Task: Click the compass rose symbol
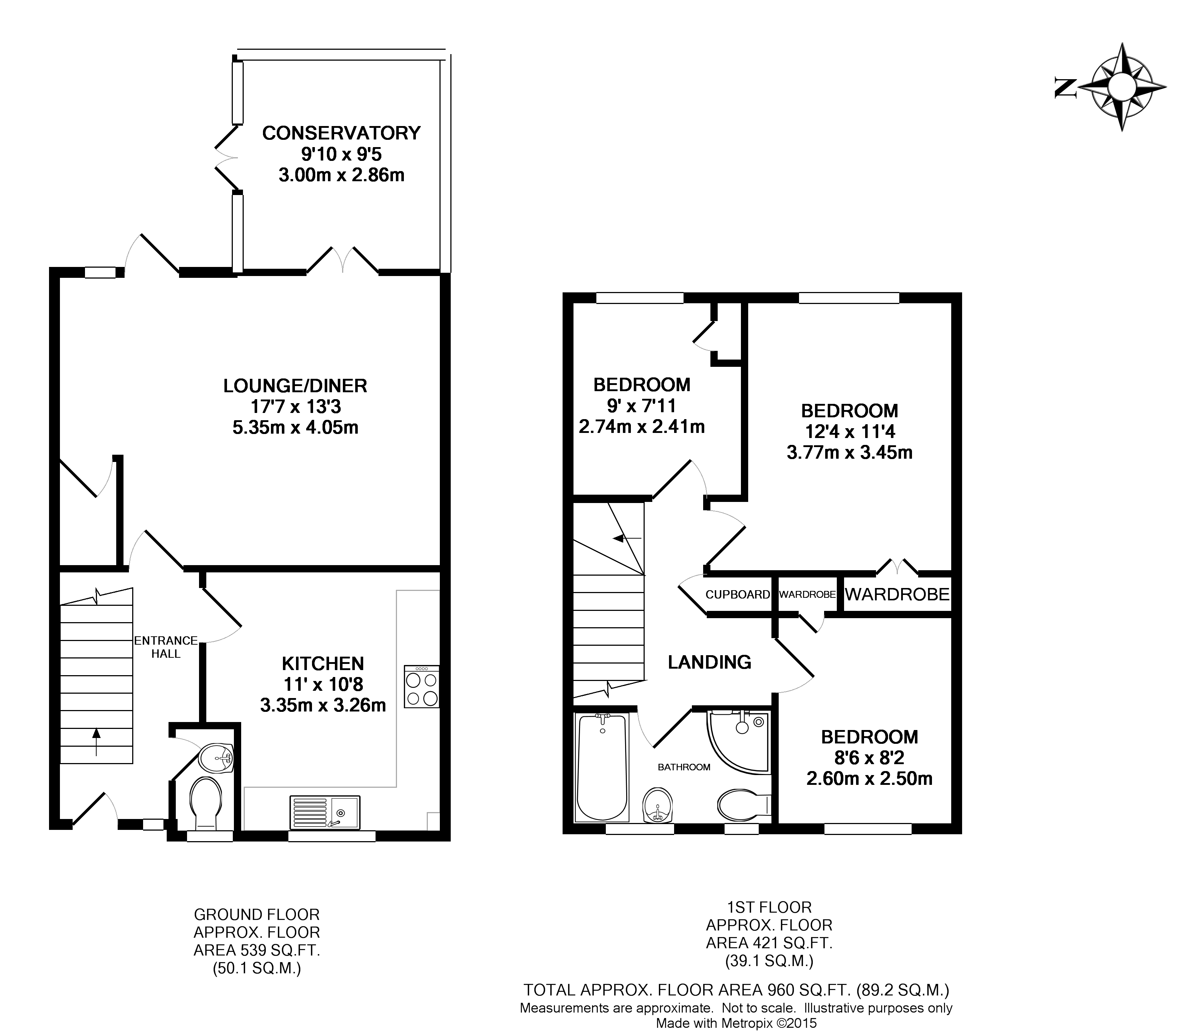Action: click(x=1121, y=87)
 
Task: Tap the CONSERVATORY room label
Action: click(x=341, y=133)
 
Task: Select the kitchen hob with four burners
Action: click(x=422, y=686)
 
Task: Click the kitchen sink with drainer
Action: click(x=324, y=812)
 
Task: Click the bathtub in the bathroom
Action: click(x=602, y=767)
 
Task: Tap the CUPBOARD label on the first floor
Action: click(x=737, y=594)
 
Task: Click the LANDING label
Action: click(x=709, y=661)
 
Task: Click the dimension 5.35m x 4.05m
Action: click(x=295, y=427)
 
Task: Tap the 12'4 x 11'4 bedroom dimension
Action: click(x=849, y=431)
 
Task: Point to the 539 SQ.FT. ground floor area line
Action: click(x=256, y=950)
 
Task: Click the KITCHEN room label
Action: click(x=323, y=663)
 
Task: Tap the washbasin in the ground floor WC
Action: click(x=215, y=757)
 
